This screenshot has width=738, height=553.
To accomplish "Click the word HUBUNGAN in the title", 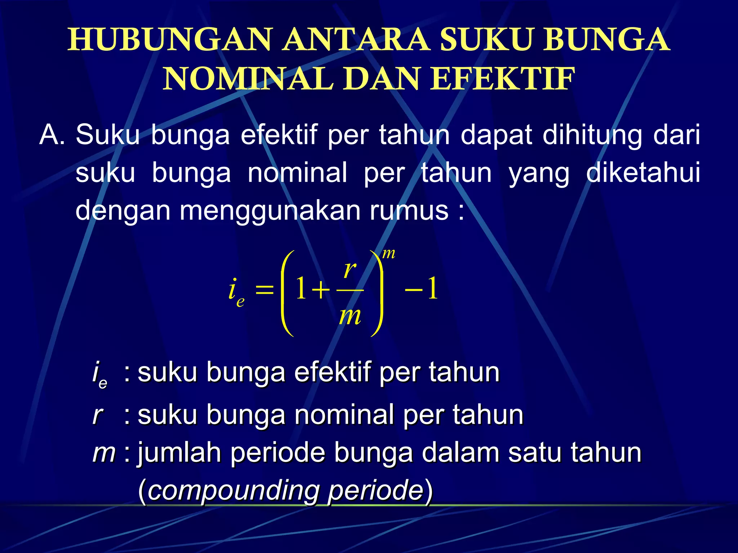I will pos(169,40).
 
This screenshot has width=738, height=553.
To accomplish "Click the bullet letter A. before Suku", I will pos(52,135).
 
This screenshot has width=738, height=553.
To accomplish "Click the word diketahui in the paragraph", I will pos(643,173).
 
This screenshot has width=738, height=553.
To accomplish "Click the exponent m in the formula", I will pos(388,254).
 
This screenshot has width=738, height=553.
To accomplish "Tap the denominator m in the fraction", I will pos(350,316).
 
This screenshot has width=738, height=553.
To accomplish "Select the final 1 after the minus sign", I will pos(432,289).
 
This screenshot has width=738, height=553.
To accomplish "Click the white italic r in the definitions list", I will pos(98,415).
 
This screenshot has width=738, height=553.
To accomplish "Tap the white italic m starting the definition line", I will pos(104,453).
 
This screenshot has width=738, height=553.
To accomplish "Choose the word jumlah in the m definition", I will pos(179,453).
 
